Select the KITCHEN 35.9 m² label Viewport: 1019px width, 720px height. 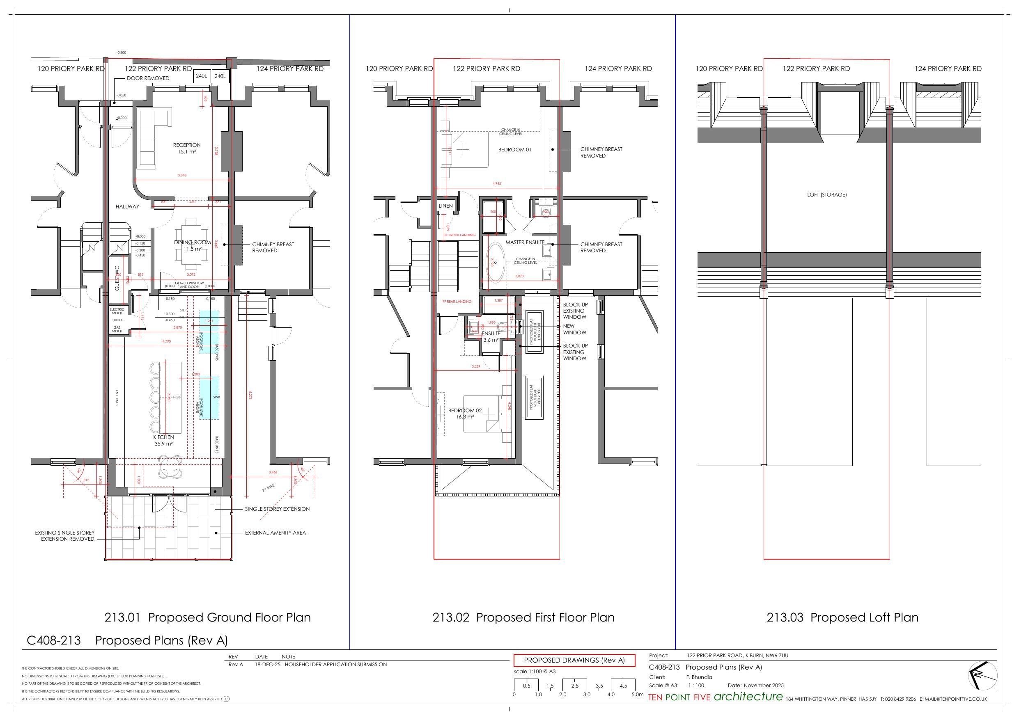(163, 440)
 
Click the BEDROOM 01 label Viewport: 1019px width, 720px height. (514, 149)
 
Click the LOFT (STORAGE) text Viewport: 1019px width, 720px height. (826, 195)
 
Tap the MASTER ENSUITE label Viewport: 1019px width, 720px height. (525, 242)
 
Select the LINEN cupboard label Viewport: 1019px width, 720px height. (445, 206)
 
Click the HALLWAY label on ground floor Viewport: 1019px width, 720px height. (127, 206)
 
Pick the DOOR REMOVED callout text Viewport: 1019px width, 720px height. (148, 78)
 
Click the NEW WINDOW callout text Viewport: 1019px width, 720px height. (574, 329)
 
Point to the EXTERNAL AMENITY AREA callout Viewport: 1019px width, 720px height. (275, 533)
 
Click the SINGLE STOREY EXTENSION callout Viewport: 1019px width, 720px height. (277, 509)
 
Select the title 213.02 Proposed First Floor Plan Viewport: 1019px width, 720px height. (523, 617)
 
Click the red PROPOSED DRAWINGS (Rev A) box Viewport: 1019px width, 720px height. (574, 660)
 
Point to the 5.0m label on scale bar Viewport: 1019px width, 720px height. (637, 694)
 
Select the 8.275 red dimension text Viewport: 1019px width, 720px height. (250, 395)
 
